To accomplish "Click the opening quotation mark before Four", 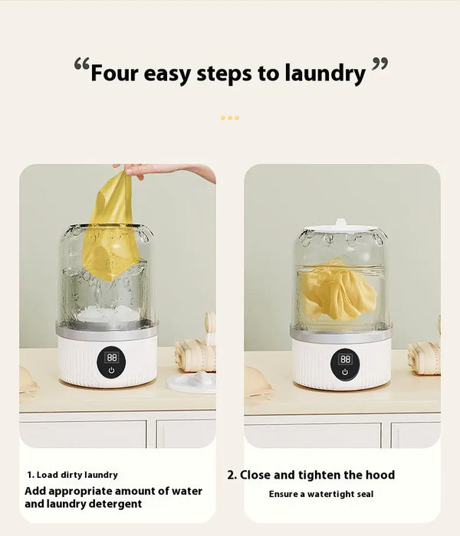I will click(81, 67).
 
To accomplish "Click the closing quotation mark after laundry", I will click(379, 67).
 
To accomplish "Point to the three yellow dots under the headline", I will click(229, 118).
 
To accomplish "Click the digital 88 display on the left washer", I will click(112, 357).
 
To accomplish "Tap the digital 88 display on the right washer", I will click(345, 358).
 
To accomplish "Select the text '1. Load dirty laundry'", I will click(73, 475).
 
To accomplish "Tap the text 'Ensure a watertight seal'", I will click(321, 495).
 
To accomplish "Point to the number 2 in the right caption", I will click(231, 475).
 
